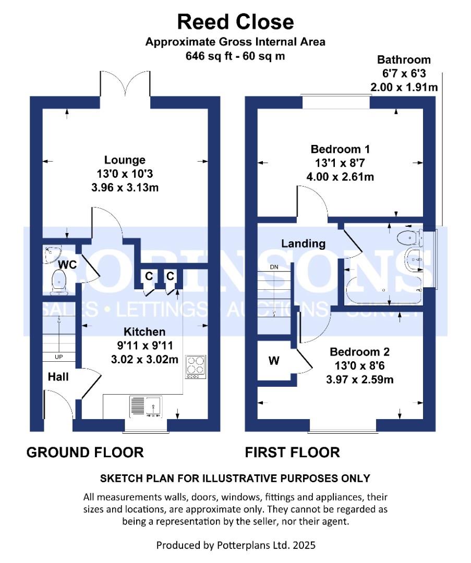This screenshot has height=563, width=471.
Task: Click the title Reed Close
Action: [235, 22]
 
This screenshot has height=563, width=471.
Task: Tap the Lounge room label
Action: [125, 160]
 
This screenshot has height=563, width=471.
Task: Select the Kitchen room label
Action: [144, 332]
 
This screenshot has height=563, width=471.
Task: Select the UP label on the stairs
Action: [59, 357]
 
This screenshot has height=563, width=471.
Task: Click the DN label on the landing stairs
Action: [274, 267]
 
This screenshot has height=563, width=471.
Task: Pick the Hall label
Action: [59, 376]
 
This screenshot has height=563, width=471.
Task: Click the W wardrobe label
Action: [273, 360]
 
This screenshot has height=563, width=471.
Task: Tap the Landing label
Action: [303, 243]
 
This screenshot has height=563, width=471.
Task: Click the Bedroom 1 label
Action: [340, 149]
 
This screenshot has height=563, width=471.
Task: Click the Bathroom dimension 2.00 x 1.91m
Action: [404, 87]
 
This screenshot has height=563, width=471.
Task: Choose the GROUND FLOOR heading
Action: [85, 452]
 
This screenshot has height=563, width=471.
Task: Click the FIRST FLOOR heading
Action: [292, 452]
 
